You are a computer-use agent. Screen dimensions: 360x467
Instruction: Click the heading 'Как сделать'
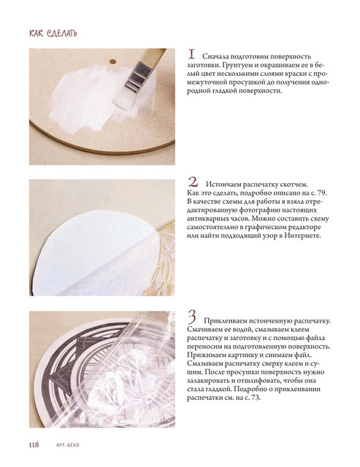53,33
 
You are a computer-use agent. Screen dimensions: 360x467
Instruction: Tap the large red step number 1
191,55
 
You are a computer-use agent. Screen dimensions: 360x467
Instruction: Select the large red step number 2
193,182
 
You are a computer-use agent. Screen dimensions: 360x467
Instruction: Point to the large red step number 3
192,317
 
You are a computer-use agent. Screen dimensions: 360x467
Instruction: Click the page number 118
34,444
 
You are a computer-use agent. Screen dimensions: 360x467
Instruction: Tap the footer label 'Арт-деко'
68,445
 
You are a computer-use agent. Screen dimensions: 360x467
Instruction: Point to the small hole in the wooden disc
112,61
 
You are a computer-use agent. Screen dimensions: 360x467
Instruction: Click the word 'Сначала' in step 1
215,57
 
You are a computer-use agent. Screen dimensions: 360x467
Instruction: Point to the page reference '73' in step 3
256,398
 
